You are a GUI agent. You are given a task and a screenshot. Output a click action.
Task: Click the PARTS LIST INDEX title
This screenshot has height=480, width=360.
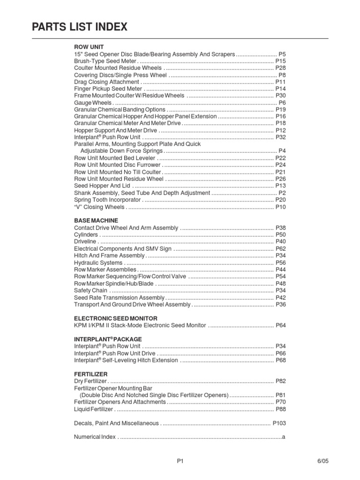(80, 27)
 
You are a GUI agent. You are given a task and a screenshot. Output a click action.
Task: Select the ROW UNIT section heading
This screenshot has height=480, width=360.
(89, 47)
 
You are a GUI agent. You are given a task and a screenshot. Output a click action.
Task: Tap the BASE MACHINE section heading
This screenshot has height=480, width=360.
(96, 220)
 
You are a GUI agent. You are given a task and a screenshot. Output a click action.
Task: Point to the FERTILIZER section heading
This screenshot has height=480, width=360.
(91, 374)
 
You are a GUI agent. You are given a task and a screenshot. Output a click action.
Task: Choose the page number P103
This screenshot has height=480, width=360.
(279, 423)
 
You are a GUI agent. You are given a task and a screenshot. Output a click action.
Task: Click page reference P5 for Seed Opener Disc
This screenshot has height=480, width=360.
(282, 54)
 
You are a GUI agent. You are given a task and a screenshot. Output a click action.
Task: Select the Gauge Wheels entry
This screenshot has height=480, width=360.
(93, 103)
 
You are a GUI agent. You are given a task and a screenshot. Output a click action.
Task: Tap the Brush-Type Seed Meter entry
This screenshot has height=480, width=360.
(105, 61)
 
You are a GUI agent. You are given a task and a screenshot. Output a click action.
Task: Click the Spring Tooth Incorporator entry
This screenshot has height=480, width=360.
(107, 200)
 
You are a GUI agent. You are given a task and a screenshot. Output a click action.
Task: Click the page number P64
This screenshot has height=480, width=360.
(280, 325)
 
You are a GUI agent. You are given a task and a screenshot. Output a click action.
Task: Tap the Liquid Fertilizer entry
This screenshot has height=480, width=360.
(93, 409)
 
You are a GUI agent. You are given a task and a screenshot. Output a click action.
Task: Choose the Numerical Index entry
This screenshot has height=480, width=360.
(95, 437)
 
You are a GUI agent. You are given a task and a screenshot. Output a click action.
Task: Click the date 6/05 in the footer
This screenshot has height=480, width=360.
(323, 461)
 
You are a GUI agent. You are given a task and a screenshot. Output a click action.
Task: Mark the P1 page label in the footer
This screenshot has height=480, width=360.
(180, 461)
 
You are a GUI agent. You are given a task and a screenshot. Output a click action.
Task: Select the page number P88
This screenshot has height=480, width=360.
(280, 409)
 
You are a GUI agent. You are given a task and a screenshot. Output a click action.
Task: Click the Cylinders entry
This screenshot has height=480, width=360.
(86, 234)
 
